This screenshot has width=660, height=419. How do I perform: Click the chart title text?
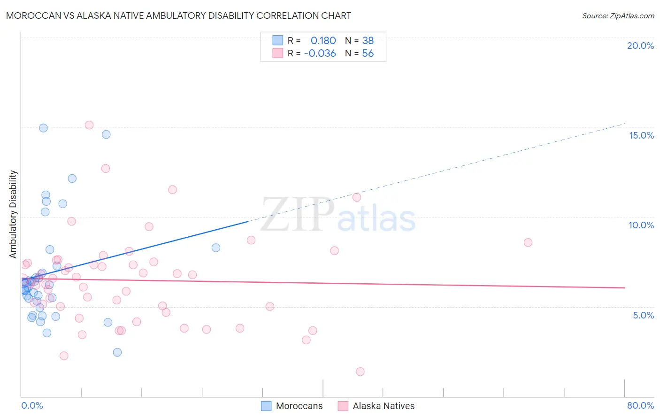[178, 16]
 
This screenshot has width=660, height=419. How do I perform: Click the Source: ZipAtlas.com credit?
[618, 16]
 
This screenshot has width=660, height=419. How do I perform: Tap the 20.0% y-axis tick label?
[640, 46]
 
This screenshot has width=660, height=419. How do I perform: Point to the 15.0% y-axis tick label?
[641, 135]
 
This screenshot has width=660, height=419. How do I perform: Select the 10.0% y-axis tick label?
[641, 225]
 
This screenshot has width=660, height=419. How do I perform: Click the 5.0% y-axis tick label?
[643, 315]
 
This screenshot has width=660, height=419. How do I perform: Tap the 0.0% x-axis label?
[32, 405]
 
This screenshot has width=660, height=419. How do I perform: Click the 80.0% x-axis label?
[640, 405]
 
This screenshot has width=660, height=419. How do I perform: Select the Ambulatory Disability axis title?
[13, 214]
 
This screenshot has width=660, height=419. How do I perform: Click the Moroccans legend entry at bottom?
[292, 406]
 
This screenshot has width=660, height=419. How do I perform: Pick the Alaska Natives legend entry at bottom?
[376, 406]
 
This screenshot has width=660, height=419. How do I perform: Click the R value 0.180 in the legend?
[323, 41]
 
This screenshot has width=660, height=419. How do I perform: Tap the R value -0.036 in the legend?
[320, 54]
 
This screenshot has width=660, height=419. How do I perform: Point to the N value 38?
[368, 41]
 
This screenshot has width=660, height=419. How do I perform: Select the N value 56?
[368, 54]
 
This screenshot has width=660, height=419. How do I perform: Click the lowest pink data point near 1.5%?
[360, 372]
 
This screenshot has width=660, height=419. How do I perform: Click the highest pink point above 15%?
[89, 125]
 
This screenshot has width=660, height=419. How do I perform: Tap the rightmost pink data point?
[528, 242]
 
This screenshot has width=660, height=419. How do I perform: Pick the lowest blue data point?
[117, 352]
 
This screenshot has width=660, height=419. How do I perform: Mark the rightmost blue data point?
[216, 248]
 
